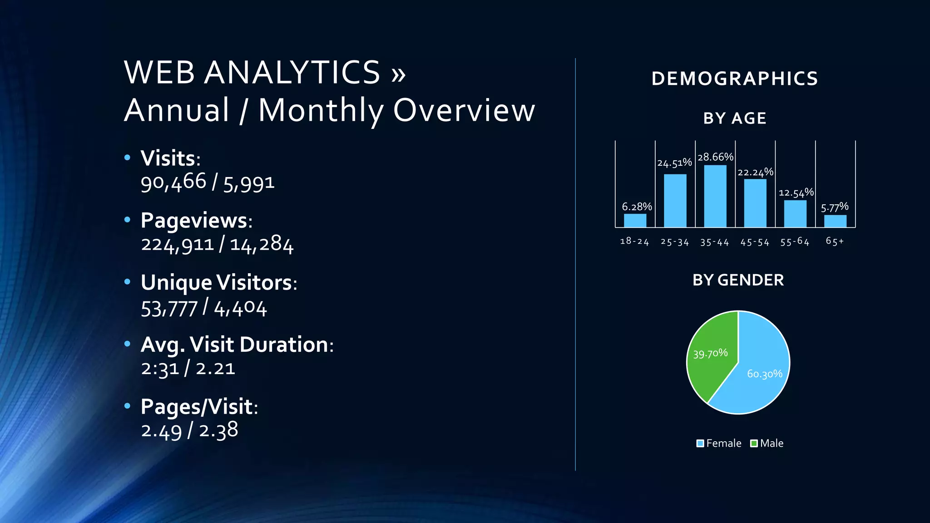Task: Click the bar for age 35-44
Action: point(715,196)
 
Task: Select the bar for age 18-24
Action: point(635,220)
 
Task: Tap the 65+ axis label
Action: point(835,241)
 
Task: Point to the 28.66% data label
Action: point(716,157)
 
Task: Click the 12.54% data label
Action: point(796,192)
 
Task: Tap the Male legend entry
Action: point(767,443)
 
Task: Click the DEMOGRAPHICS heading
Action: point(735,79)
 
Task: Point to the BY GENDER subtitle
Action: point(738,280)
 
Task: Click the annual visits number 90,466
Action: point(173,183)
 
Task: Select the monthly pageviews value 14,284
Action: point(262,245)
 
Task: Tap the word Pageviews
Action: point(194,221)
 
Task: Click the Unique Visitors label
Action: point(217,283)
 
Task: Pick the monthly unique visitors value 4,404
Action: point(240,309)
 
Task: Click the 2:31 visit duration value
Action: point(160,368)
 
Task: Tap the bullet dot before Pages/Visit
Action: point(127,405)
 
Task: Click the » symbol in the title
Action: point(398,74)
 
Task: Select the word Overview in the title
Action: point(464,110)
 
